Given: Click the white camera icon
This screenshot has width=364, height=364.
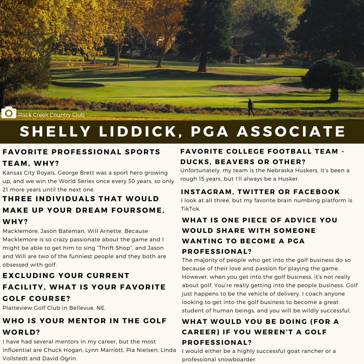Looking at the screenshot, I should [x=9, y=113].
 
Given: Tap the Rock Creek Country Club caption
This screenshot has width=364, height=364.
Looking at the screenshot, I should [x=51, y=115].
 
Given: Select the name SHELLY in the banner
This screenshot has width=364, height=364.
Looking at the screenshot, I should [x=56, y=131].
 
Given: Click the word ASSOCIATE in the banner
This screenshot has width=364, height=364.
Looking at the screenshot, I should [x=292, y=131].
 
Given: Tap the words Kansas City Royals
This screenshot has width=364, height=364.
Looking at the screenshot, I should [x=28, y=173].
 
